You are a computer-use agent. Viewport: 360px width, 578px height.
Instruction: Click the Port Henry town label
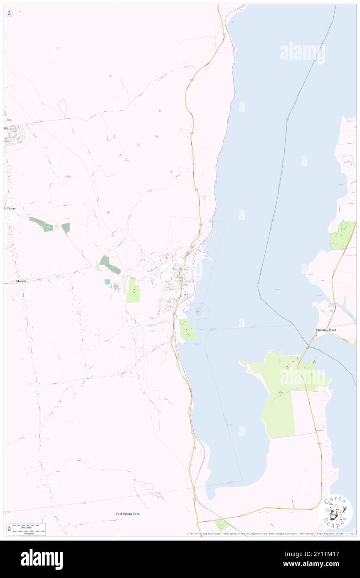click(x=181, y=269)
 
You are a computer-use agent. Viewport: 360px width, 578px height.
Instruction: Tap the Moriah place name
click(x=21, y=281)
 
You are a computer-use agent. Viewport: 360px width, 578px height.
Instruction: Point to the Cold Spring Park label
click(x=128, y=514)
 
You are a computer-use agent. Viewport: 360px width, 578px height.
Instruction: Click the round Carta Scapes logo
click(x=335, y=511)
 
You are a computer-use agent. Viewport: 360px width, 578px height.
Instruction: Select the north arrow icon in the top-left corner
click(x=9, y=13)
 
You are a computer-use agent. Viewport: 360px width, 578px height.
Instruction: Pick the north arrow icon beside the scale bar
click(x=9, y=529)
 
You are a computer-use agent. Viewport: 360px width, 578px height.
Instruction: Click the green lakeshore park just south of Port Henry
click(x=188, y=329)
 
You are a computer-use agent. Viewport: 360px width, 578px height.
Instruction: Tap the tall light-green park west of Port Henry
click(x=133, y=291)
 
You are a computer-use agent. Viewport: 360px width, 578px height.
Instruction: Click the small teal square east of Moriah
click(x=107, y=282)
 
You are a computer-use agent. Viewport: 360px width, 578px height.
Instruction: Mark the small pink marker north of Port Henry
click(x=188, y=252)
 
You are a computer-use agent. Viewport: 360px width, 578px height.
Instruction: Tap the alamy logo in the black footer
click(x=42, y=559)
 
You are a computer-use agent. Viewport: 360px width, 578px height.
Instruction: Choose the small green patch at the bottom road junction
click(x=223, y=525)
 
